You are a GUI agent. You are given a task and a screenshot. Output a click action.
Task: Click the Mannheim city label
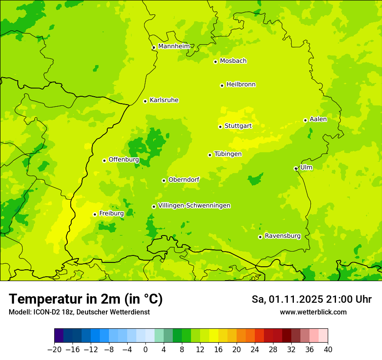coord(174,46)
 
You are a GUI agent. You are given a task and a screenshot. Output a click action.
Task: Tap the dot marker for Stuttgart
coord(220,127)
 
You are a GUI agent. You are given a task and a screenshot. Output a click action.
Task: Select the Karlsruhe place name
coord(164,100)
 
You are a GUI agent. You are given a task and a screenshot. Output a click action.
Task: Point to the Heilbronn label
coord(241,85)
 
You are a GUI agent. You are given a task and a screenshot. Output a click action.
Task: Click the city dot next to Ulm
coord(296,168)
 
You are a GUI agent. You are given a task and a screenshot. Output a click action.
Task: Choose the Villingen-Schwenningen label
coord(194,206)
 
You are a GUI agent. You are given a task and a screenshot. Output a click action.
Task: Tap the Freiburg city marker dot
coord(95,214)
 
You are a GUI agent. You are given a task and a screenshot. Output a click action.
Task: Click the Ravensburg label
coord(283,236)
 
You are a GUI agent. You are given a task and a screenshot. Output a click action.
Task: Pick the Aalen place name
coord(318,119)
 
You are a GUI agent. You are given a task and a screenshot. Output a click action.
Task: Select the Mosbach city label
coord(233,61)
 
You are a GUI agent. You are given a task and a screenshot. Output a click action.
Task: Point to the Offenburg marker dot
coord(104,160)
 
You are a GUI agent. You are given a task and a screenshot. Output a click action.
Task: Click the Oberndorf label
coord(184,180)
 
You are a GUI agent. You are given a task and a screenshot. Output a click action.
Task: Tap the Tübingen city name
coord(228,154)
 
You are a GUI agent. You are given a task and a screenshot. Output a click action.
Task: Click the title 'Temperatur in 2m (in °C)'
coord(86,299)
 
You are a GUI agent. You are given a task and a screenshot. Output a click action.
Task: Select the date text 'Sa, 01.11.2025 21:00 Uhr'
coord(311,299)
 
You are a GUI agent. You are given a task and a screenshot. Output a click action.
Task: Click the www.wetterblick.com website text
coord(313,312)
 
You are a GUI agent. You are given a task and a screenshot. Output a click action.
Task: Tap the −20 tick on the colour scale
coord(54,350)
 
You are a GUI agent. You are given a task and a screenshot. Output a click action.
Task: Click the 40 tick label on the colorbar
coord(328,350)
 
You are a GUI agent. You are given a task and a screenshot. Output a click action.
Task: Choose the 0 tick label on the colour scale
coord(145,350)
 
